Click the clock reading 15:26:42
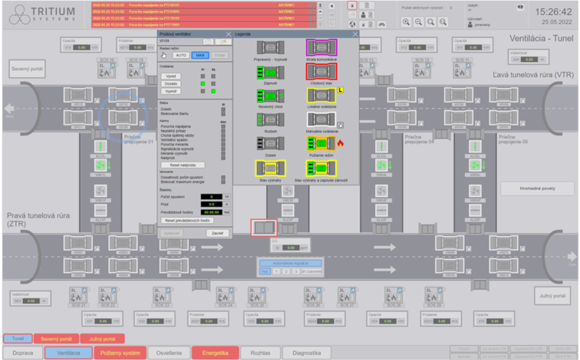pyautogui.click(x=545, y=12)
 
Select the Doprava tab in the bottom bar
pyautogui.click(x=24, y=352)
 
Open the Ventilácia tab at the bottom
pyautogui.click(x=68, y=352)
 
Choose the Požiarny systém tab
pyautogui.click(x=119, y=352)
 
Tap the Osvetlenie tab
pyautogui.click(x=170, y=352)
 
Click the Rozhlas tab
pyautogui.click(x=262, y=352)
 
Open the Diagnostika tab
pyautogui.click(x=306, y=352)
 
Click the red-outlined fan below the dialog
pyautogui.click(x=263, y=229)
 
